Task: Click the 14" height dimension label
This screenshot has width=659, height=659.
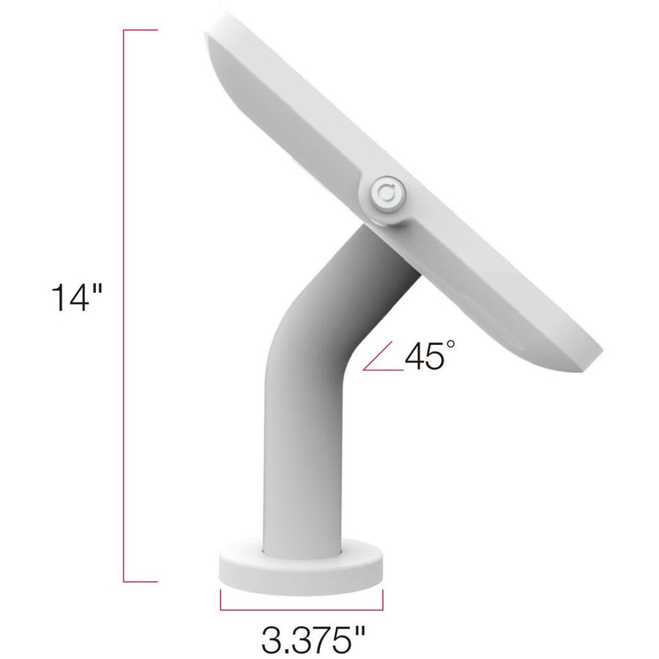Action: click(x=78, y=299)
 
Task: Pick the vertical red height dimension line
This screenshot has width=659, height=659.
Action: click(x=124, y=304)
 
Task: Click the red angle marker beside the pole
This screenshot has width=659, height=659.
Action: click(x=381, y=362)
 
